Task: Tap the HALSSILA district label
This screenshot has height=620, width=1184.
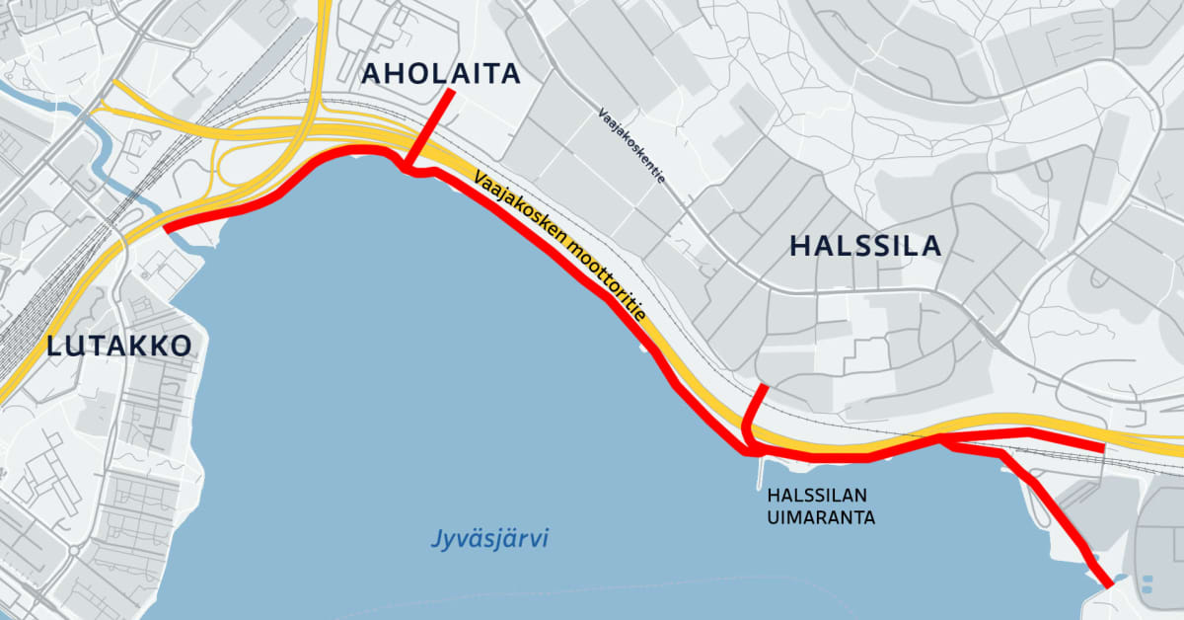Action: [865, 246]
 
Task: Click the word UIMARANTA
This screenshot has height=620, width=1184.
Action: [822, 516]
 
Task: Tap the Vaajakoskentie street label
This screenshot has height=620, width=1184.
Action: [631, 147]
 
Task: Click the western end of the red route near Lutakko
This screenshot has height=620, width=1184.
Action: [167, 228]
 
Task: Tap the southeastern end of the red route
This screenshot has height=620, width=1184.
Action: [1109, 583]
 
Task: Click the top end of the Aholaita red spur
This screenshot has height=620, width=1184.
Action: [451, 91]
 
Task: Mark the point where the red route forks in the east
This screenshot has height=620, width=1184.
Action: [943, 439]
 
